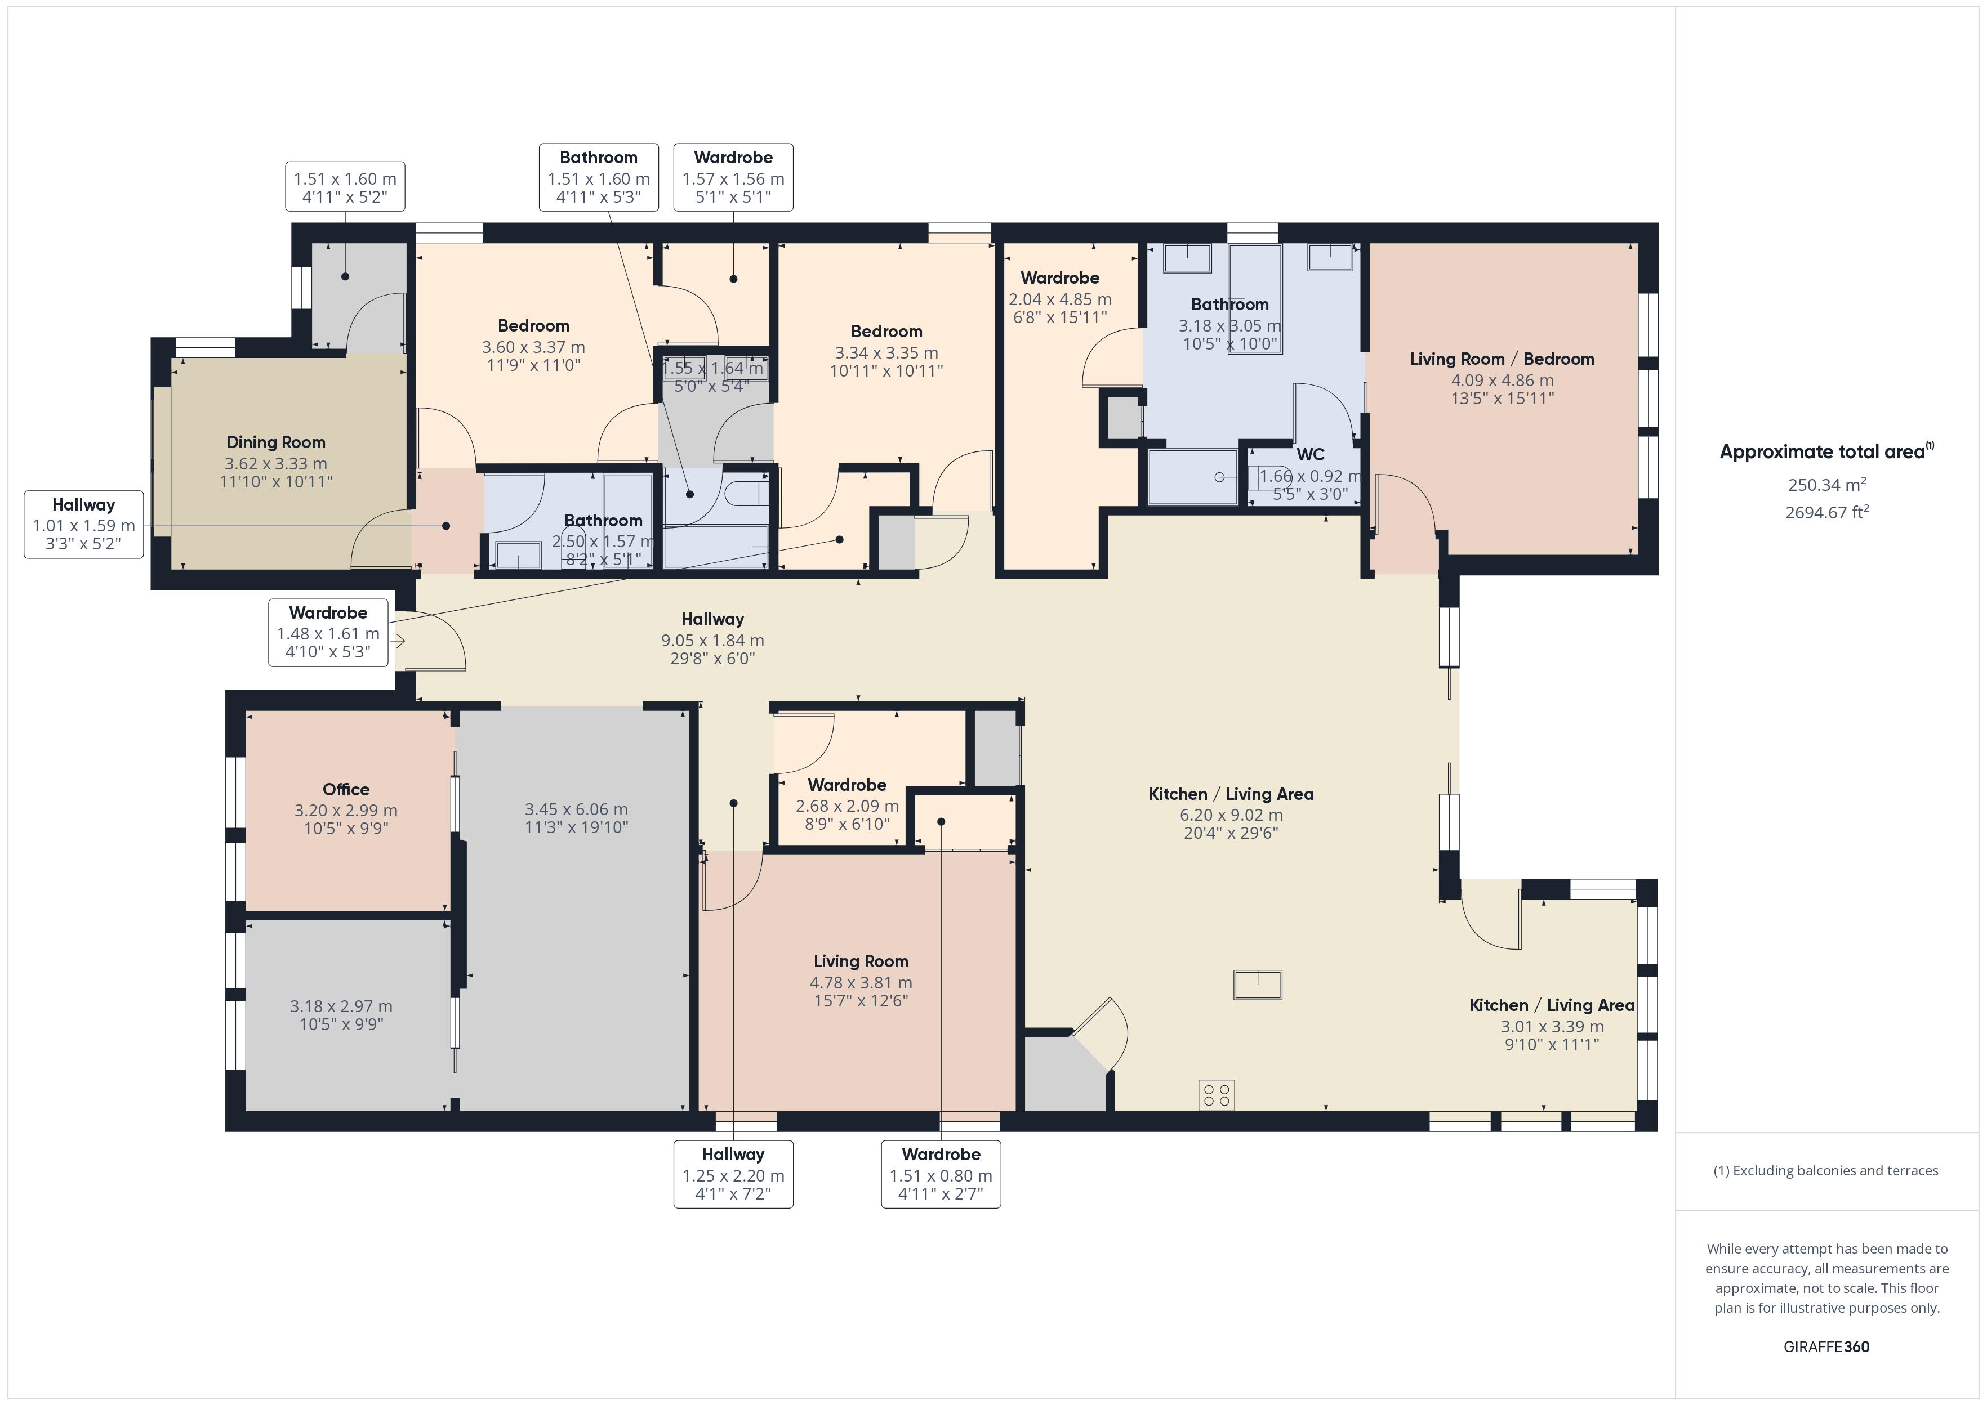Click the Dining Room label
coord(275,442)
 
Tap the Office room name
coord(346,789)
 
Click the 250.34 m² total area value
coord(1827,485)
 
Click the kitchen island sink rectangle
coord(1258,985)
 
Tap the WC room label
coord(1310,454)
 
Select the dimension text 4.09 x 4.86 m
coord(1503,381)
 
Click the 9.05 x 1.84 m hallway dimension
coord(712,640)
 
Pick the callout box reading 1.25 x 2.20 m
coord(733,1174)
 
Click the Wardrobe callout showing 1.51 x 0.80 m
coord(941,1174)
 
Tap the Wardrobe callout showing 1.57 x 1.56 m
coord(733,177)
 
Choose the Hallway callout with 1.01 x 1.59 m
coord(84,524)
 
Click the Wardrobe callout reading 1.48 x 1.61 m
coord(328,633)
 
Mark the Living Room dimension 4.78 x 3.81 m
coord(861,983)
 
